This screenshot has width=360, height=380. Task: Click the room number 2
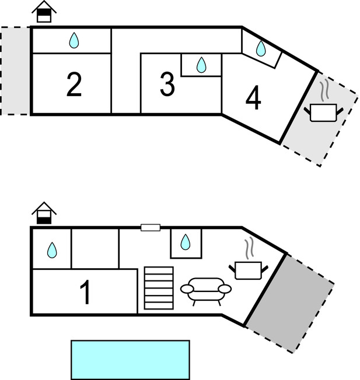[74, 84]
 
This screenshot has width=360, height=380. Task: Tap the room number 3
[167, 84]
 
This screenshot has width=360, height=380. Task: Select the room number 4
[253, 98]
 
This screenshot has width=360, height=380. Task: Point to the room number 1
[86, 292]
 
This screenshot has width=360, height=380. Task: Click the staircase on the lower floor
[159, 288]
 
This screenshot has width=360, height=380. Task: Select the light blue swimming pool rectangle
[130, 360]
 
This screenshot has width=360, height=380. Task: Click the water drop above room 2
[74, 40]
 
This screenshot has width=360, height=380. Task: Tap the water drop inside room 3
[201, 65]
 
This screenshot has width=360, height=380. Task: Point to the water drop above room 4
[261, 48]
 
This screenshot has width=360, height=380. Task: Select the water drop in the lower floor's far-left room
[52, 250]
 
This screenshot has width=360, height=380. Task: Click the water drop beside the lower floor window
[186, 242]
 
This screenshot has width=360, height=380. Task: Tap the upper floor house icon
[44, 12]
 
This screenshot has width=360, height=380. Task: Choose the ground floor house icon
[44, 213]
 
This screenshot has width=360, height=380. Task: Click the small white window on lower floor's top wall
[151, 227]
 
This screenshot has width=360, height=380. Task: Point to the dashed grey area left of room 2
[15, 71]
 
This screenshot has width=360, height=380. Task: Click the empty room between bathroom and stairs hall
[95, 249]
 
